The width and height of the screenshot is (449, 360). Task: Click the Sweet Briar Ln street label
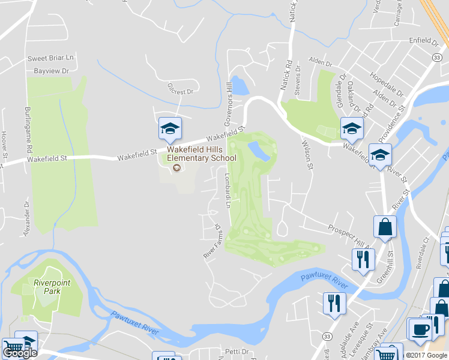[50, 58]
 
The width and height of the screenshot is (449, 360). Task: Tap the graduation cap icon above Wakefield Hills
[170, 128]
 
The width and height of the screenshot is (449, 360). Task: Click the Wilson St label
[307, 155]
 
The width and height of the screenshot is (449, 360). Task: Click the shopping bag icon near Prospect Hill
[384, 227]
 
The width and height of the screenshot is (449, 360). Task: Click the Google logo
[20, 353]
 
